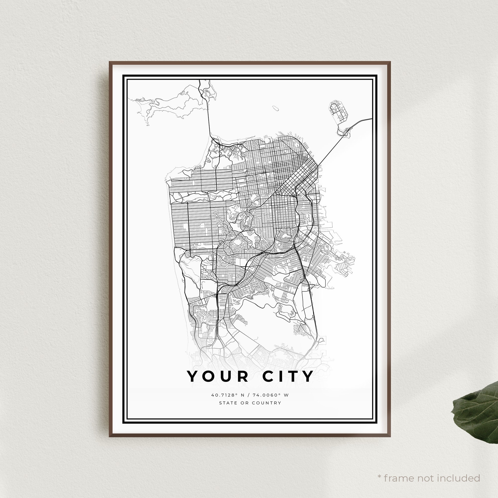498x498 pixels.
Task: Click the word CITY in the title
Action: tap(288, 376)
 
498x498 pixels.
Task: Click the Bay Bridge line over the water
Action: tap(332, 147)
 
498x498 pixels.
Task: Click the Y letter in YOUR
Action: tap(192, 376)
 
